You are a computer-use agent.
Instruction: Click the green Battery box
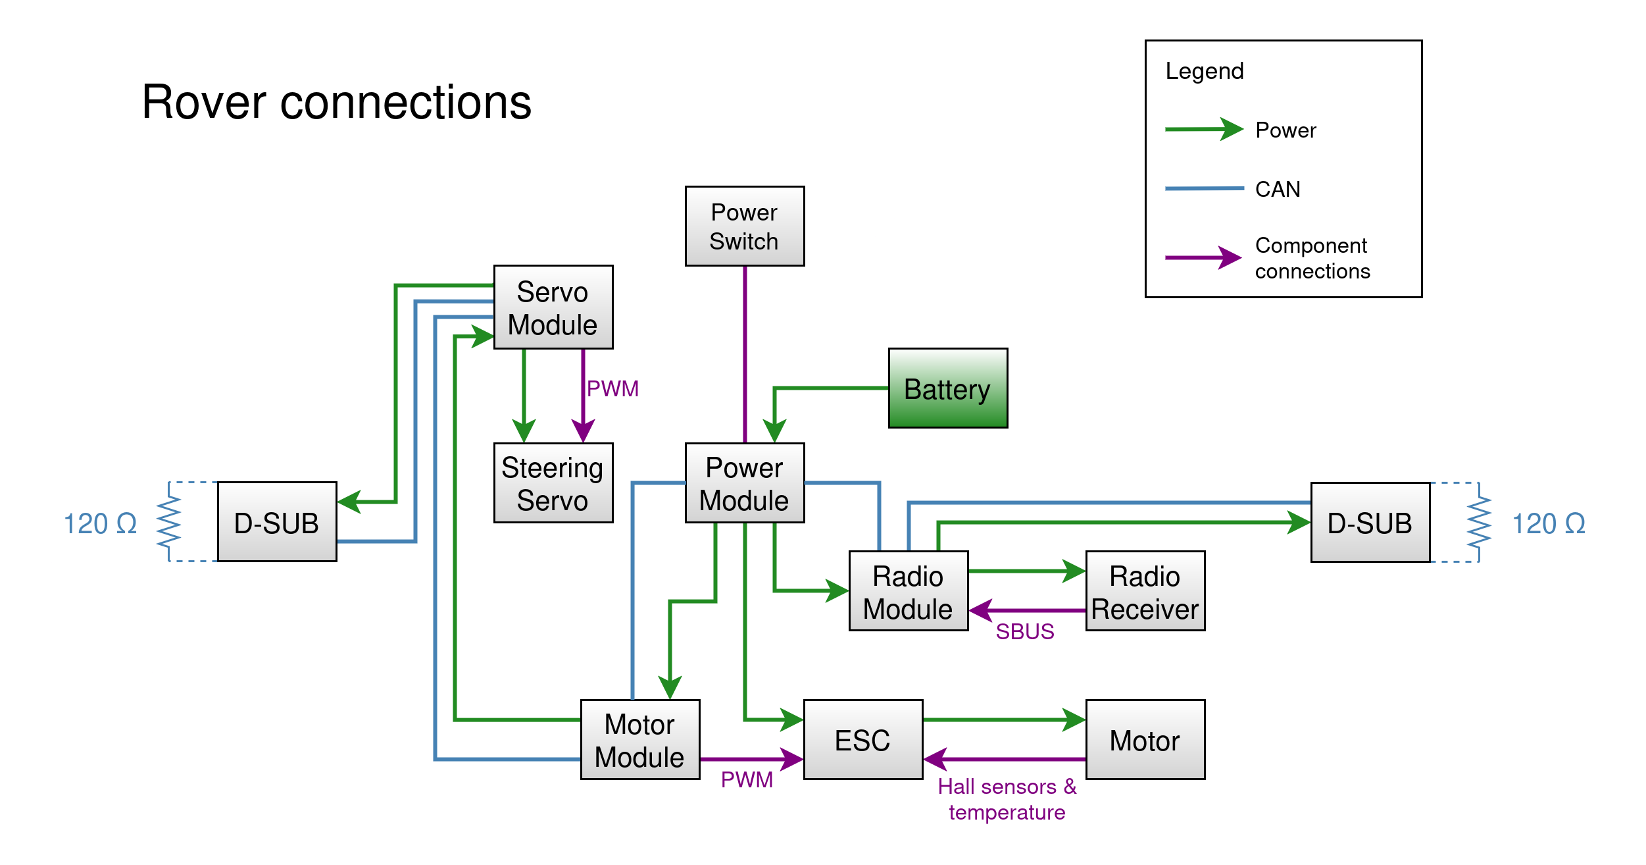947,388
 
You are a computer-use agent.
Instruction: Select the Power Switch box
744,226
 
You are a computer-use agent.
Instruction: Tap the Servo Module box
553,307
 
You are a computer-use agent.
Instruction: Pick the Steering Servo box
553,483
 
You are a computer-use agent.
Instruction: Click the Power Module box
744,483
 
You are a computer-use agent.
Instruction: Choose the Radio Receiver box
1145,591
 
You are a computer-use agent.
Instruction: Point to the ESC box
862,740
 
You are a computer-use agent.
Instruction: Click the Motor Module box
639,740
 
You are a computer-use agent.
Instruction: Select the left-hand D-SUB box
277,522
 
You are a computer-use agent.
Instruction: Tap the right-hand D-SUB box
1370,523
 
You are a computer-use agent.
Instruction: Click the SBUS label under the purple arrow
1024,632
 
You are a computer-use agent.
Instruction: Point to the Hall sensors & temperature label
1007,799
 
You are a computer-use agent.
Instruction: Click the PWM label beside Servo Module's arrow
612,388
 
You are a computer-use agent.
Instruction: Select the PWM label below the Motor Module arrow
747,779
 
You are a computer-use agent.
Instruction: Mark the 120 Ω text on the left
100,524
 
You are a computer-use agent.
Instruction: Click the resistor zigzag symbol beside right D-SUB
1479,522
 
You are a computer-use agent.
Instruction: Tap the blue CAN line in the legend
1203,188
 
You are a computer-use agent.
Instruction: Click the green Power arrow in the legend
1203,129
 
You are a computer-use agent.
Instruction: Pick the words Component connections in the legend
1312,258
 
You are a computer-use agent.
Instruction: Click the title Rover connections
336,103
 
